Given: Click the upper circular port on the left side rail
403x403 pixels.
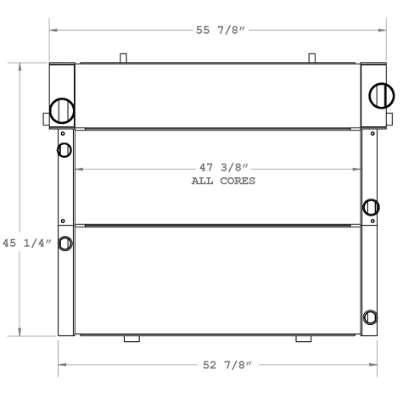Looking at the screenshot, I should click(x=65, y=151).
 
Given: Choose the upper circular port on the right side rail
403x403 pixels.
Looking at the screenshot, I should click(x=371, y=206).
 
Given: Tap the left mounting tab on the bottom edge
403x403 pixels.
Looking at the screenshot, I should click(x=132, y=339).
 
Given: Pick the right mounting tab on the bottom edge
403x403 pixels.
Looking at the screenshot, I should click(x=303, y=339).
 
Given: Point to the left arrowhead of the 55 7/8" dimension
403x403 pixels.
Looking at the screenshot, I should click(x=53, y=31).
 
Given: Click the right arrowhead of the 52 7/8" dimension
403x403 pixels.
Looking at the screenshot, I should click(x=374, y=366).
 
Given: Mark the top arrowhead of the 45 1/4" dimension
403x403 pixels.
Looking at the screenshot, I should click(x=20, y=65).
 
